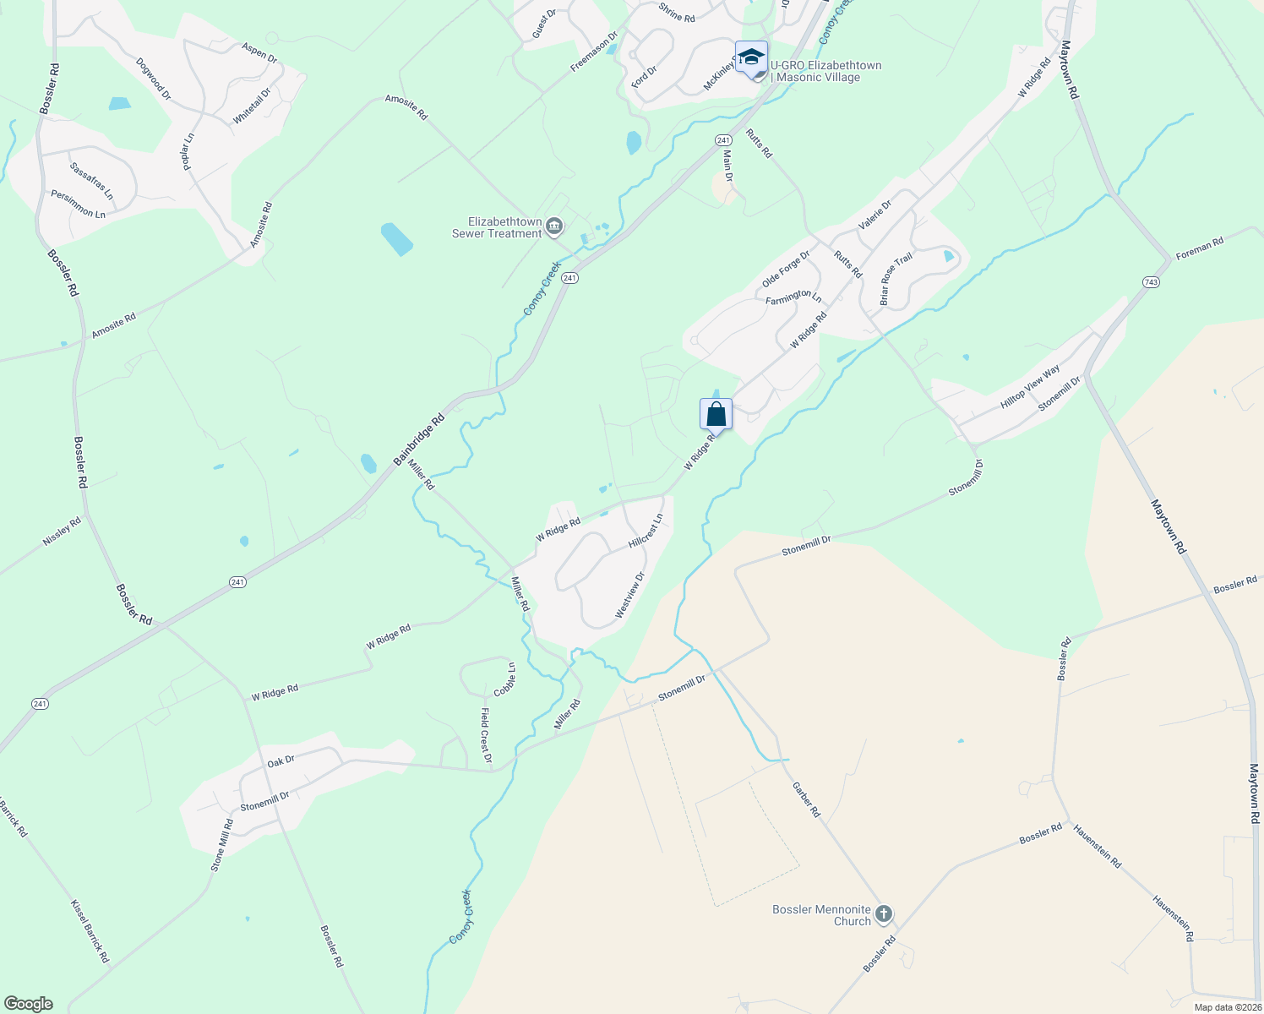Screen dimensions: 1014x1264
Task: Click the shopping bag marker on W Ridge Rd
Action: [x=716, y=415]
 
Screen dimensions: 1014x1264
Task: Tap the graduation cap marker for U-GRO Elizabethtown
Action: [x=751, y=57]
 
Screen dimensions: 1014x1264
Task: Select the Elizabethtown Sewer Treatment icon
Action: [x=554, y=226]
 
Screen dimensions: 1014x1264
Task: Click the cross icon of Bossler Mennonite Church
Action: [x=884, y=913]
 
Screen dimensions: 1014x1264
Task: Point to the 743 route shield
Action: [x=1150, y=282]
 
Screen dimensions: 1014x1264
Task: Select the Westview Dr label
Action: [x=630, y=595]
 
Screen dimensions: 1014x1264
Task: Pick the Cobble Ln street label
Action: [x=505, y=679]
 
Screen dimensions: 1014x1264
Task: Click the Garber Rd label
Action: [x=806, y=799]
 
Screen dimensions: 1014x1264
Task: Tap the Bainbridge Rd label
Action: [x=418, y=439]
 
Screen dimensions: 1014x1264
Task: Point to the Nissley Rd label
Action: [x=62, y=532]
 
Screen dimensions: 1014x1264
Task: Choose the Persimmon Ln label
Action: [x=78, y=204]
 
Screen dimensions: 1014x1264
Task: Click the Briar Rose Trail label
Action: [x=896, y=280]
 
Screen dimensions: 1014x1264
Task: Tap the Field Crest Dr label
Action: [x=486, y=735]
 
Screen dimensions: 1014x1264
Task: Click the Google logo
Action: [x=28, y=1004]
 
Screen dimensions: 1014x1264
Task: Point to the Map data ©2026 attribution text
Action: [x=1227, y=1007]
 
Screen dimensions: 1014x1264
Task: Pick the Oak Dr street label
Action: [x=281, y=760]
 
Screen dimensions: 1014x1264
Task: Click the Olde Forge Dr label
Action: [x=786, y=269]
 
